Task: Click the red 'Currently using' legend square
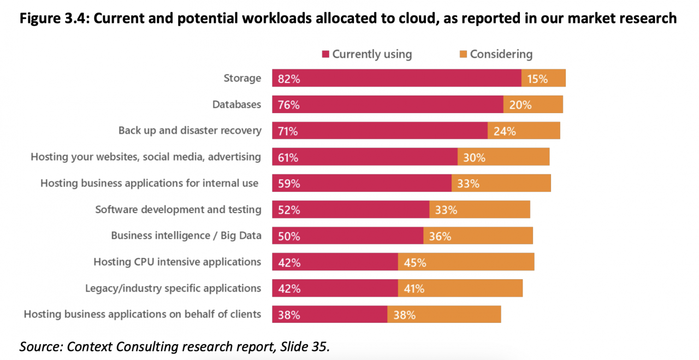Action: pos(326,55)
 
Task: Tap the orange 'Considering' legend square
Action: pos(463,55)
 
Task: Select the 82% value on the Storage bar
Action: pos(289,79)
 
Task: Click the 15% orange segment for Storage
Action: pos(543,78)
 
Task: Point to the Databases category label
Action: pos(237,104)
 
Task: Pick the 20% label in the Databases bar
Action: pos(520,105)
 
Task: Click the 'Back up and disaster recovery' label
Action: pos(190,131)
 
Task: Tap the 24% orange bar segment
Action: pos(524,131)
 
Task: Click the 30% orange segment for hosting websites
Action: pos(503,157)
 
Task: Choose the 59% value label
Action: pos(289,184)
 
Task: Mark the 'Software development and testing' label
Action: pos(178,209)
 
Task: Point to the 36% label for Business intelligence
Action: pos(440,236)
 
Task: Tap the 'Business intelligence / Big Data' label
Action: pos(186,235)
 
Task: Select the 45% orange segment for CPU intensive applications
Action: pos(466,262)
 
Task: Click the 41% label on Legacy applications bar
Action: pos(414,288)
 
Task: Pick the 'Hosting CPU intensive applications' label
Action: pos(177,262)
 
